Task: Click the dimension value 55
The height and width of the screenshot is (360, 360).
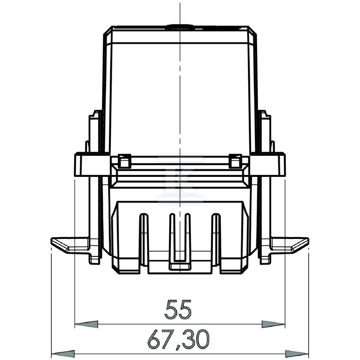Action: click(178, 309)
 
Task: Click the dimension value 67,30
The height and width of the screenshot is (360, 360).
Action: click(178, 340)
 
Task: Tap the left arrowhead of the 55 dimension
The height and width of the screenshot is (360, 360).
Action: click(86, 324)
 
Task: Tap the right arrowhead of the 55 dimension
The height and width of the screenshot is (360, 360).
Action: click(273, 324)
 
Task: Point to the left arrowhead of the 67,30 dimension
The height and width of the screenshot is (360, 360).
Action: click(63, 354)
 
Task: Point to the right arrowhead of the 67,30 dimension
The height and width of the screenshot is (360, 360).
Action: click(297, 354)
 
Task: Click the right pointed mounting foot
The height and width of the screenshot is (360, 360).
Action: click(290, 245)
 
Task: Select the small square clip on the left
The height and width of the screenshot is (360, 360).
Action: click(125, 161)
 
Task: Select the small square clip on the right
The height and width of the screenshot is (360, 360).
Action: click(235, 161)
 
